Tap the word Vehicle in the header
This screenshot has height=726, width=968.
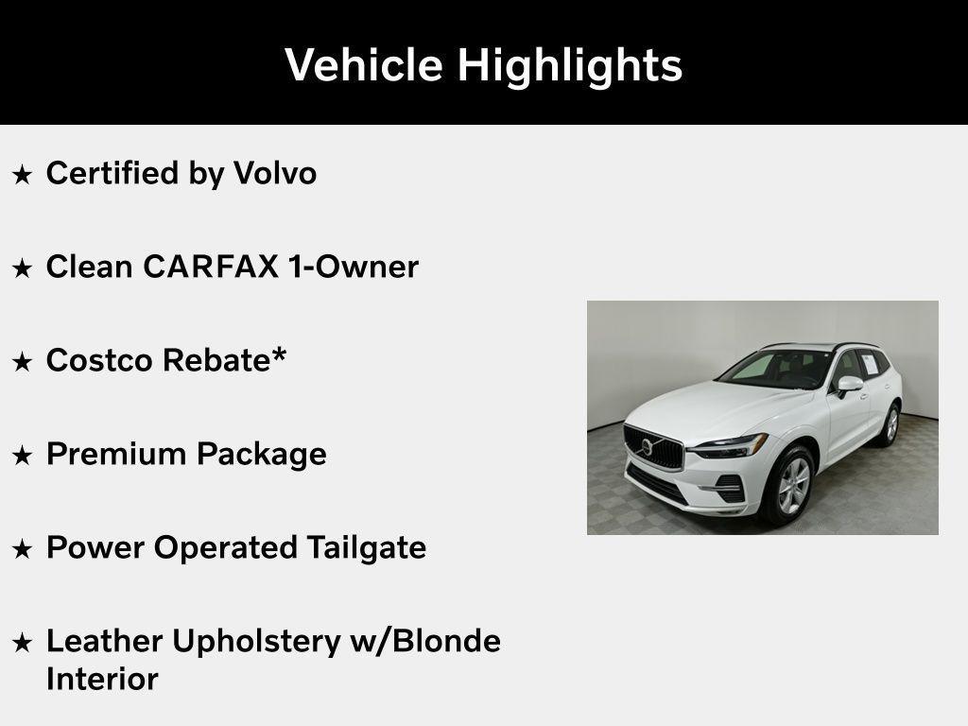pyautogui.click(x=363, y=64)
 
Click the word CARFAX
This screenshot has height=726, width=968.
pyautogui.click(x=211, y=268)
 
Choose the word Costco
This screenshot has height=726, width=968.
pyautogui.click(x=99, y=360)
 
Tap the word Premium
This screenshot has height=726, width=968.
pyautogui.click(x=116, y=454)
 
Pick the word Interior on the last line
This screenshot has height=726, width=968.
pyautogui.click(x=102, y=679)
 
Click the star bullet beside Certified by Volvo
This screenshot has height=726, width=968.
pyautogui.click(x=22, y=175)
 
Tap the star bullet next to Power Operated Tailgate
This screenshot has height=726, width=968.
pyautogui.click(x=22, y=548)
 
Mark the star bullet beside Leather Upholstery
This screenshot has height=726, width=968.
pyautogui.click(x=22, y=643)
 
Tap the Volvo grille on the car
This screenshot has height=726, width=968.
pyautogui.click(x=652, y=447)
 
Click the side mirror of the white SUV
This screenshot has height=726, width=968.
pyautogui.click(x=848, y=385)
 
